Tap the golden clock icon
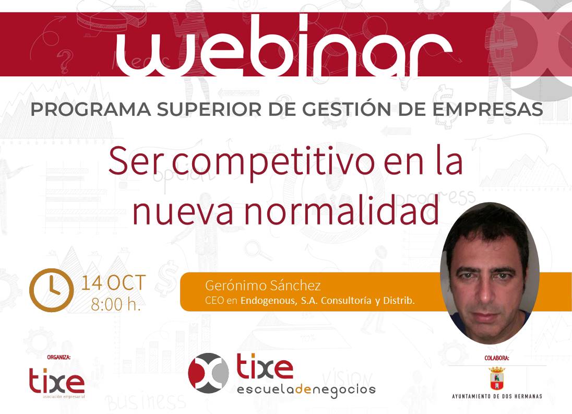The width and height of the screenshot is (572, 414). [x=51, y=290]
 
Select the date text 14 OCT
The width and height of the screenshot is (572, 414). [x=113, y=282]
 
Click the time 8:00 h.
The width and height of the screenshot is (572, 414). [x=116, y=304]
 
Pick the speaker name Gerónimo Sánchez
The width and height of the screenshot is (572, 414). [x=263, y=285]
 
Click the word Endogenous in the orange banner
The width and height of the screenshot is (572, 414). [x=268, y=301]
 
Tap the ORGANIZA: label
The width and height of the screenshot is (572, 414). [x=59, y=357]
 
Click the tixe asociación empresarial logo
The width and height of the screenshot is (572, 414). [x=57, y=382]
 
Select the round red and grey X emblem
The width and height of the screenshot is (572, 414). [x=208, y=373]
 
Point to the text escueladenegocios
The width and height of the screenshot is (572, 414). [x=306, y=390]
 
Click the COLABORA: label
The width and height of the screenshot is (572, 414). [x=496, y=358]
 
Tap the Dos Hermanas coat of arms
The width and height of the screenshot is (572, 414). [x=496, y=378]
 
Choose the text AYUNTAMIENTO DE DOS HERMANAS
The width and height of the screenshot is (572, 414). [x=497, y=396]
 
